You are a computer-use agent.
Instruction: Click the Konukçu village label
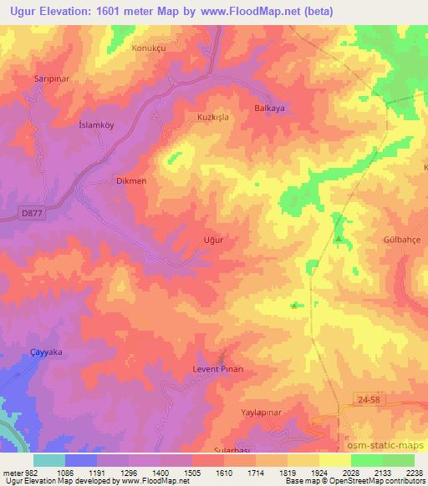[x=150, y=48]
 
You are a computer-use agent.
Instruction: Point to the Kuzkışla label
[x=212, y=118]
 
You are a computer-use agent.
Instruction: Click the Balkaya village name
[x=269, y=109]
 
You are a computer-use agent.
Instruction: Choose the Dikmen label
[x=131, y=180]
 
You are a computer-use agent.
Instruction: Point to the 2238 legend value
[x=413, y=471]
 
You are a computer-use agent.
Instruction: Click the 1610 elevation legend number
[x=209, y=471]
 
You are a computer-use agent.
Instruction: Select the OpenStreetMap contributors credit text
[x=382, y=481]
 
